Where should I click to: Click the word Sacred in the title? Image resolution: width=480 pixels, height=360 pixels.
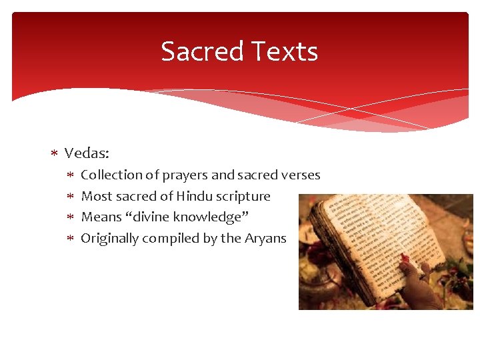coord(197,51)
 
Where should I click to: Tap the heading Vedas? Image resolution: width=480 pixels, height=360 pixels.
coord(87,153)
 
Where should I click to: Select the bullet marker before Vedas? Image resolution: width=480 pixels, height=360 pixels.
coord(55,154)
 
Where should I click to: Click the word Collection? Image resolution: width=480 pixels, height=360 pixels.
coord(111,175)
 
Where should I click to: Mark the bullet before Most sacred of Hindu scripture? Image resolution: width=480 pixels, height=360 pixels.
coord(71,197)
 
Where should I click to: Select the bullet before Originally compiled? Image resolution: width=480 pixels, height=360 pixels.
coord(71,239)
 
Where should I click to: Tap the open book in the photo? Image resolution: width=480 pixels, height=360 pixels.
coord(373,240)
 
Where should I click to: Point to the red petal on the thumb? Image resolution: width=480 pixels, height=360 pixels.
coord(405,259)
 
